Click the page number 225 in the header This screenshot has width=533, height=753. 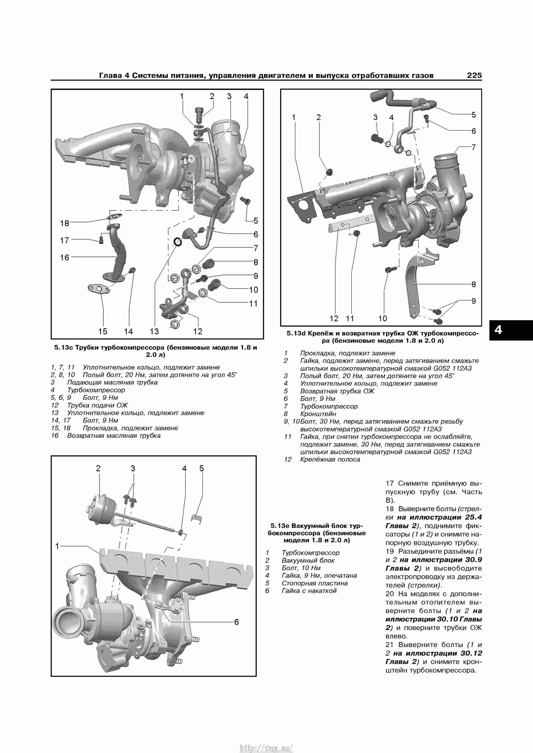click(x=474, y=75)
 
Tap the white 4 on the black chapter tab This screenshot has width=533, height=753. click(x=498, y=330)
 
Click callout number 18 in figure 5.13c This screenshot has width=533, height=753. click(x=65, y=223)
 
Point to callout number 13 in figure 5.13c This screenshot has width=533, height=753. click(x=154, y=331)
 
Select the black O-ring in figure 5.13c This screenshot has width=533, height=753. click(x=178, y=242)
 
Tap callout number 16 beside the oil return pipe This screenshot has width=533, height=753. click(x=65, y=257)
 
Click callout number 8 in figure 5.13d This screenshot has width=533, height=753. click(x=473, y=284)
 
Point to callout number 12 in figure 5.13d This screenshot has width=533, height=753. click(x=334, y=318)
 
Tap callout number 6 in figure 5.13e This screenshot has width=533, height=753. click(x=236, y=622)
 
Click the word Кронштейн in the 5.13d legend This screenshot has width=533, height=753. click(x=318, y=414)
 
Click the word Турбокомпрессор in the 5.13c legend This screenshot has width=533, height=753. click(x=96, y=390)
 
